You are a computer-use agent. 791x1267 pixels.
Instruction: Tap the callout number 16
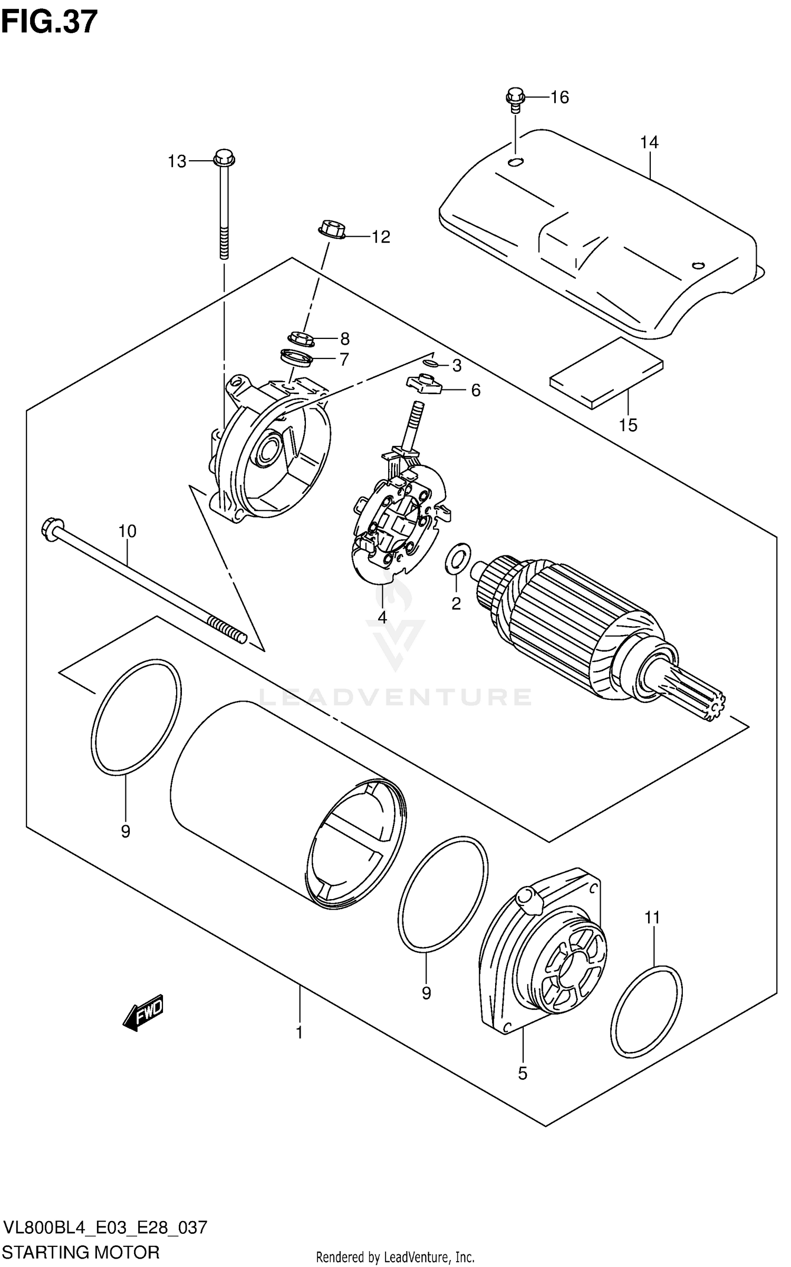click(x=560, y=97)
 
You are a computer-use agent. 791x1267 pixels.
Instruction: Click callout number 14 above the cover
click(x=649, y=142)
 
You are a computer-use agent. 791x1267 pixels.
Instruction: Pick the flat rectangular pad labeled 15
click(x=606, y=373)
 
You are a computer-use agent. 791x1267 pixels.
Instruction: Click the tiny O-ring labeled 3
click(x=429, y=363)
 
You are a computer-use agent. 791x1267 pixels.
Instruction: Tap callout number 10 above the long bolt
click(x=127, y=531)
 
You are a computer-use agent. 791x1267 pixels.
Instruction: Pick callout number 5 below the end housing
click(x=522, y=1074)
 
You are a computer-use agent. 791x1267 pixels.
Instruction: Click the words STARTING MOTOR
click(x=82, y=1252)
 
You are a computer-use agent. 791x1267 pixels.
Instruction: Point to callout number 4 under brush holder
click(x=382, y=617)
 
